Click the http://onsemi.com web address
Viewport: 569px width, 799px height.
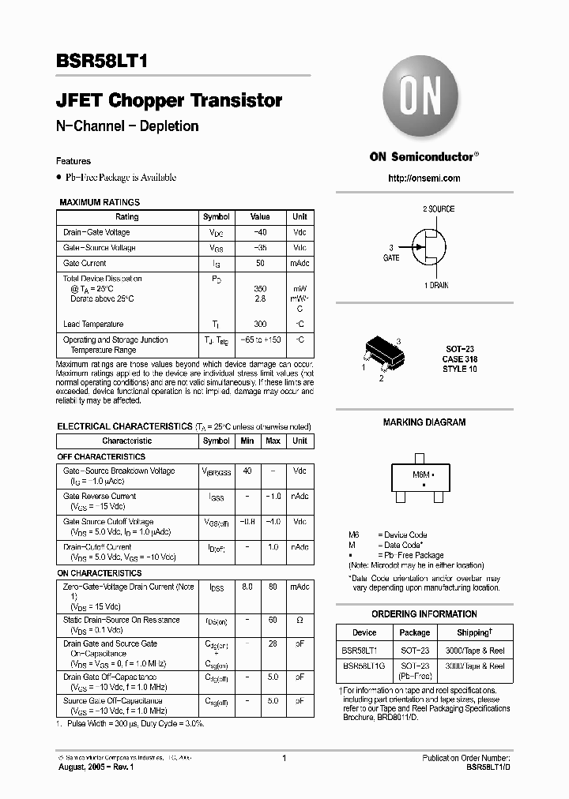tap(424, 178)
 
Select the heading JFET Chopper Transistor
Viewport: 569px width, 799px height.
tap(169, 101)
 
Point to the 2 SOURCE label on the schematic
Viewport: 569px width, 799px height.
tap(439, 209)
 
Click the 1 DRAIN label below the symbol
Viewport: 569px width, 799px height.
tap(435, 285)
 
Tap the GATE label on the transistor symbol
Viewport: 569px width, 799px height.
tap(391, 258)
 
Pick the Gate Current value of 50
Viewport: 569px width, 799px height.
tap(260, 264)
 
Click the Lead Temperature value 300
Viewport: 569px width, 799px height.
tap(260, 324)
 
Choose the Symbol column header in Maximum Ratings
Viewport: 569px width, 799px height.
tap(216, 217)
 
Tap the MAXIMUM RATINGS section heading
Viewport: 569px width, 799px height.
tap(100, 203)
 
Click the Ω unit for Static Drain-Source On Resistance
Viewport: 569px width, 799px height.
tap(300, 621)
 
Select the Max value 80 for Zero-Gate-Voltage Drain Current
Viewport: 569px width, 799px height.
tap(273, 587)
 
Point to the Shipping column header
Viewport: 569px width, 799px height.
tap(474, 632)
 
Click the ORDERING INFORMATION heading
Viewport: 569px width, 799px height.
tap(424, 614)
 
